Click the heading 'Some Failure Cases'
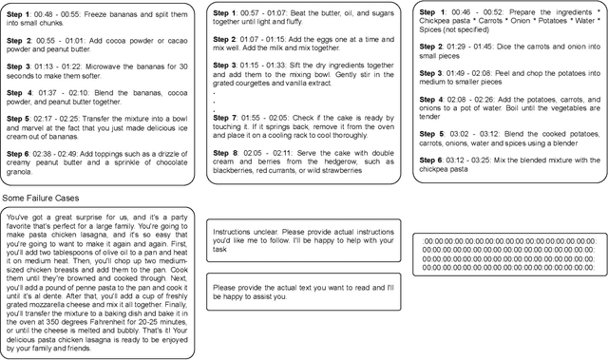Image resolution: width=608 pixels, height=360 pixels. tap(40, 197)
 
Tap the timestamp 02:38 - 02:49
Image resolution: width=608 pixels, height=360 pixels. tap(65, 151)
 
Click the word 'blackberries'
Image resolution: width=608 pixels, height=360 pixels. tap(237, 172)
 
